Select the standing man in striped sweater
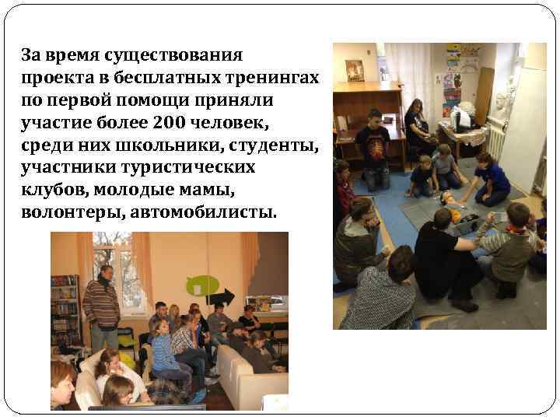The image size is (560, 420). coord(101,303)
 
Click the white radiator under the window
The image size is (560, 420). coord(492,144)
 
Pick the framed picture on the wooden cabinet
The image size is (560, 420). coord(355,71)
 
